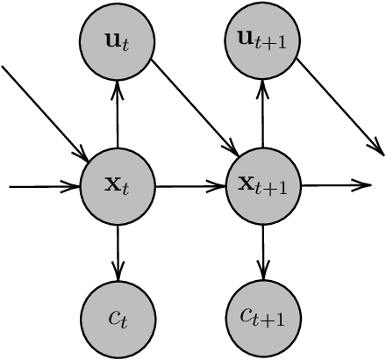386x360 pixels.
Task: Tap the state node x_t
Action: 118,185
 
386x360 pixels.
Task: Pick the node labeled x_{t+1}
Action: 263,185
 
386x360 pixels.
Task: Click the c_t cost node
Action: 118,317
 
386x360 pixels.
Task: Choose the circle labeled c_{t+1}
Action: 263,317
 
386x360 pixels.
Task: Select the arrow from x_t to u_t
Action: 118,114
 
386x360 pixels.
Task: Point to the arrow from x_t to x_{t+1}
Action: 190,185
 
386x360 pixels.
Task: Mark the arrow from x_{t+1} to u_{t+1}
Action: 263,114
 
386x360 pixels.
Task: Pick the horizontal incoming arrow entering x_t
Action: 44,185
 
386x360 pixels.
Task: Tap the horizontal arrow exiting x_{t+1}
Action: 336,185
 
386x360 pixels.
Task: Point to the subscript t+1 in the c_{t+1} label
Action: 273,321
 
